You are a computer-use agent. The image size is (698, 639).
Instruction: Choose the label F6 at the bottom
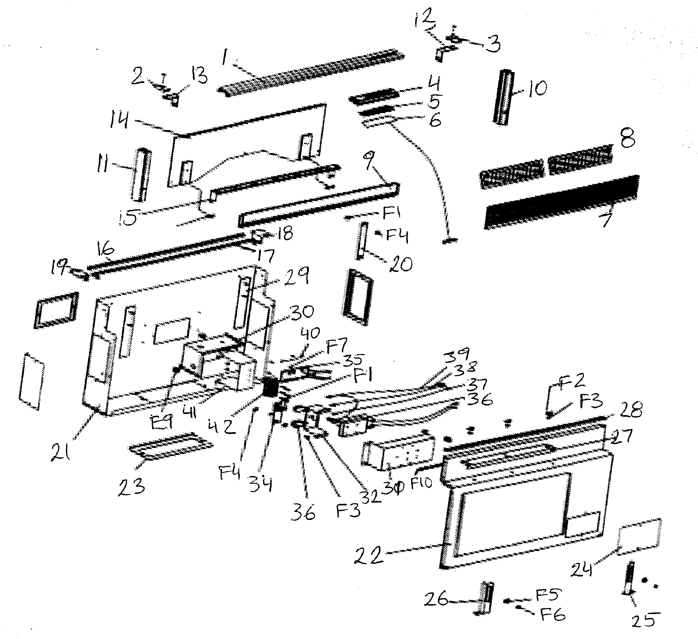553,615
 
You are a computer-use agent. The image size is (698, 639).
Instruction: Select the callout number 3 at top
493,44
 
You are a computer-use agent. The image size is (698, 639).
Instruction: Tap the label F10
421,482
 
